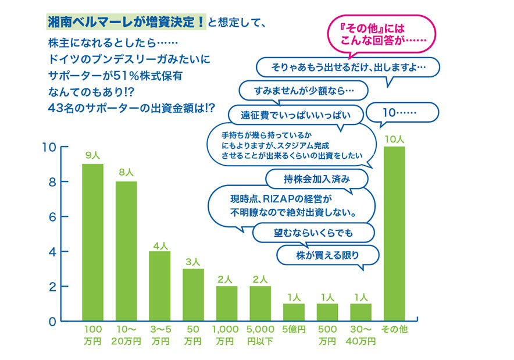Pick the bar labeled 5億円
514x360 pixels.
tap(293, 312)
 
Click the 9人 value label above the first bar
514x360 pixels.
tap(92, 156)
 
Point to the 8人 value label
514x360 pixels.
tap(126, 173)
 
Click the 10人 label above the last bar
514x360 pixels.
tap(394, 138)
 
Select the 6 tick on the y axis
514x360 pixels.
tap(52, 217)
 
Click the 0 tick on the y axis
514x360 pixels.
tap(52, 322)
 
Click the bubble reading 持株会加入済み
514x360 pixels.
tap(317, 177)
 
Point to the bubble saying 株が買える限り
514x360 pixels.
tap(328, 254)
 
